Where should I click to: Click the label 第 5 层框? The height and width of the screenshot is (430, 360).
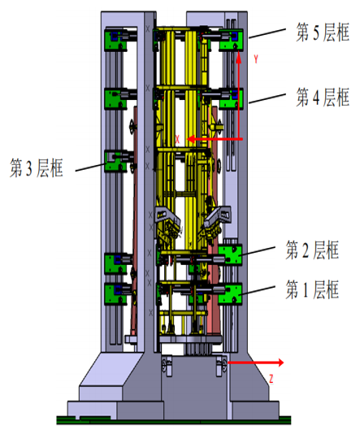click(x=323, y=33)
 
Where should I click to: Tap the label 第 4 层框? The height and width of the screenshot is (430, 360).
click(x=323, y=97)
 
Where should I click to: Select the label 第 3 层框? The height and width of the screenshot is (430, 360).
click(x=37, y=167)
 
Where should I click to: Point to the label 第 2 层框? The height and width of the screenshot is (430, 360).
click(x=312, y=250)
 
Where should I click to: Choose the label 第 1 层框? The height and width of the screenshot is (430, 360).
click(x=312, y=289)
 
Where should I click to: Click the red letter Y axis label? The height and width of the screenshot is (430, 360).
click(x=256, y=59)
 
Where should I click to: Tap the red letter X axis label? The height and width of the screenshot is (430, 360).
click(x=177, y=139)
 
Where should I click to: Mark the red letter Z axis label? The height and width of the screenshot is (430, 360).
click(x=271, y=379)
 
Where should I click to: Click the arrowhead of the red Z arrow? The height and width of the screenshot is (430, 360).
click(x=280, y=363)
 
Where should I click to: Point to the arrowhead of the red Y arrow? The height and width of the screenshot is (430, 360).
click(x=239, y=54)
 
